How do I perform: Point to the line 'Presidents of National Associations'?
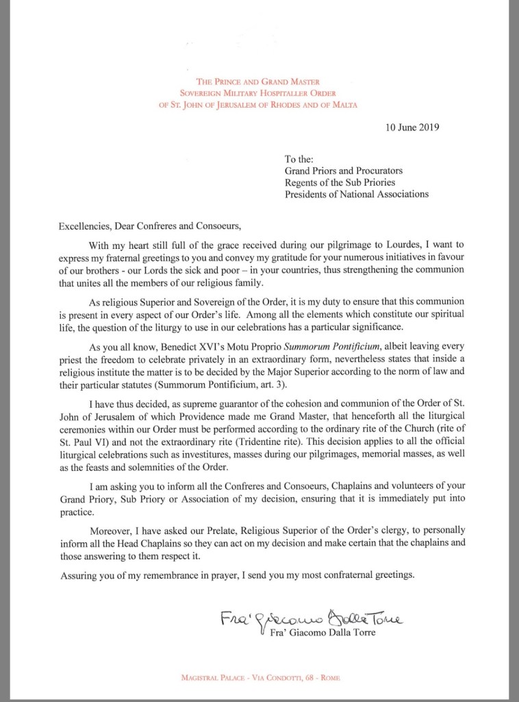click(357, 193)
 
